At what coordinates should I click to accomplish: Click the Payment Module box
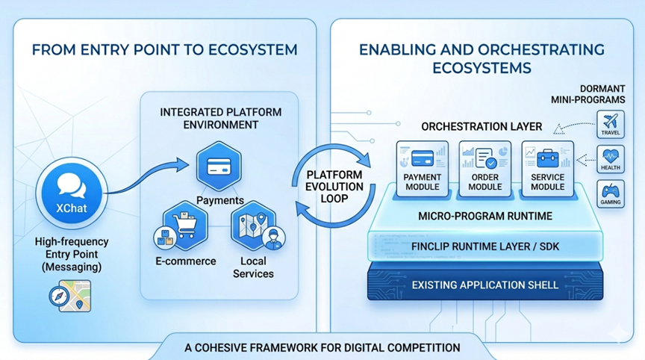pos(423,168)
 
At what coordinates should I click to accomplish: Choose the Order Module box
pos(485,168)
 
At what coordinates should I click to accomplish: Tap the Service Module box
pos(547,168)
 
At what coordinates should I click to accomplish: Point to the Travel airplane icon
pos(611,124)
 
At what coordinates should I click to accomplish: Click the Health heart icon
pos(611,159)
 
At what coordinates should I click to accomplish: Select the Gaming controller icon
pos(611,193)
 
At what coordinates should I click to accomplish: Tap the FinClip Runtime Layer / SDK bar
pos(485,246)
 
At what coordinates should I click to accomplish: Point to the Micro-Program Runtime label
pos(485,217)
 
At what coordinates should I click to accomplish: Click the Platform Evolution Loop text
pos(336,187)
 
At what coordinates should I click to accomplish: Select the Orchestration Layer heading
pos(482,126)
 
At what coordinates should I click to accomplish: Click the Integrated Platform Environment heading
pos(221,118)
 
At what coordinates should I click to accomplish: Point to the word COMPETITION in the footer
pos(420,347)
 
